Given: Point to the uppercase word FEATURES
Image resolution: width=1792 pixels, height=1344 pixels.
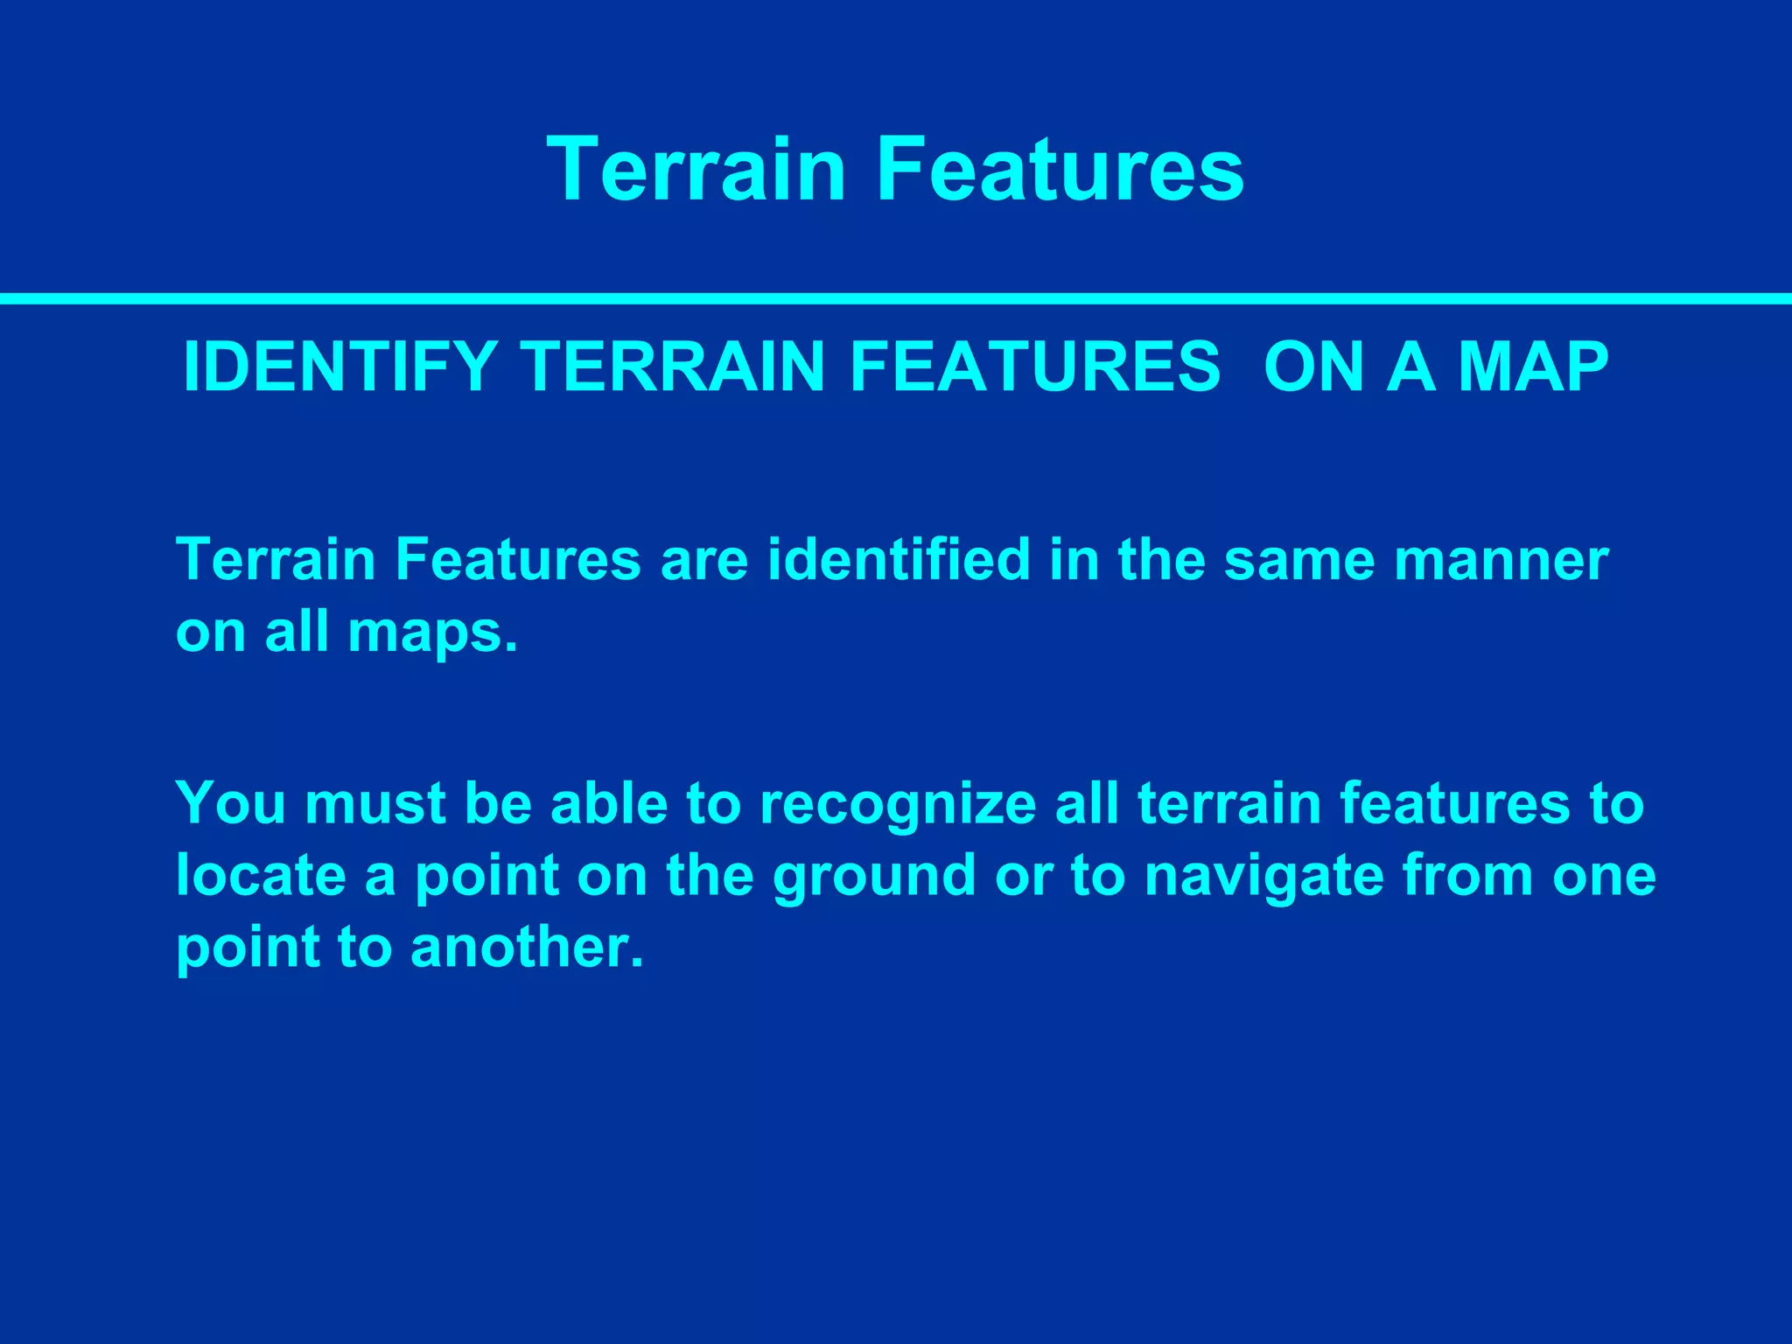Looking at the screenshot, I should pos(1034,367).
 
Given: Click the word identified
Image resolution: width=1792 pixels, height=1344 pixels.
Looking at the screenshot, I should pos(899,559).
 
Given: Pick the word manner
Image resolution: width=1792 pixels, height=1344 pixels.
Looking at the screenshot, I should pos(1501,561).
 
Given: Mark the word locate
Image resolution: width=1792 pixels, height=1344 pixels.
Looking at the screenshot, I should pos(261,876).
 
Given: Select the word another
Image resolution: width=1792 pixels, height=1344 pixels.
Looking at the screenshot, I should pos(527,948).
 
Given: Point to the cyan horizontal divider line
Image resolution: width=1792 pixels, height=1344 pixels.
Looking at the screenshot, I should pos(896,299).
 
